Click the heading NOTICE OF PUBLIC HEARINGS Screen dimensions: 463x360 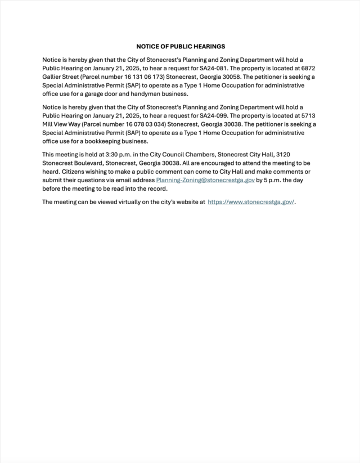[x=180, y=46]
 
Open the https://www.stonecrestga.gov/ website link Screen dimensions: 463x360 [x=251, y=202]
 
